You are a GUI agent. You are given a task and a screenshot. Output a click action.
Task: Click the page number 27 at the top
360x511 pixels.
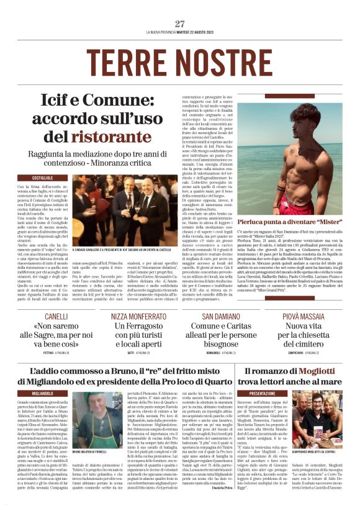coord(180,24)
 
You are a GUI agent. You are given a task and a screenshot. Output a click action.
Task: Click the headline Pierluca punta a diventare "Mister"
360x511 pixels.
coord(295,222)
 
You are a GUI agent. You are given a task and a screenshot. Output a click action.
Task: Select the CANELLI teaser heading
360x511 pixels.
coord(55,316)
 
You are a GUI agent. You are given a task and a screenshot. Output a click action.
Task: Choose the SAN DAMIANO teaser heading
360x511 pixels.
coord(223,316)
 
